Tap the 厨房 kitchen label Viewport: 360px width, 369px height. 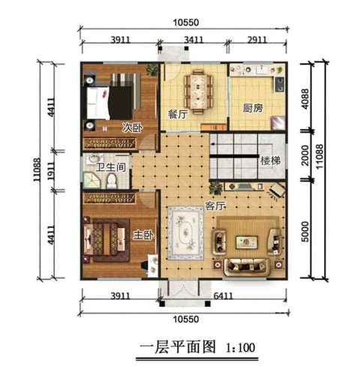252,108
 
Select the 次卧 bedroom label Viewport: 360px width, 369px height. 132,127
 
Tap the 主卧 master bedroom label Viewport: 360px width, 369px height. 143,235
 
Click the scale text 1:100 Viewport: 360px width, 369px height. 241,347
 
